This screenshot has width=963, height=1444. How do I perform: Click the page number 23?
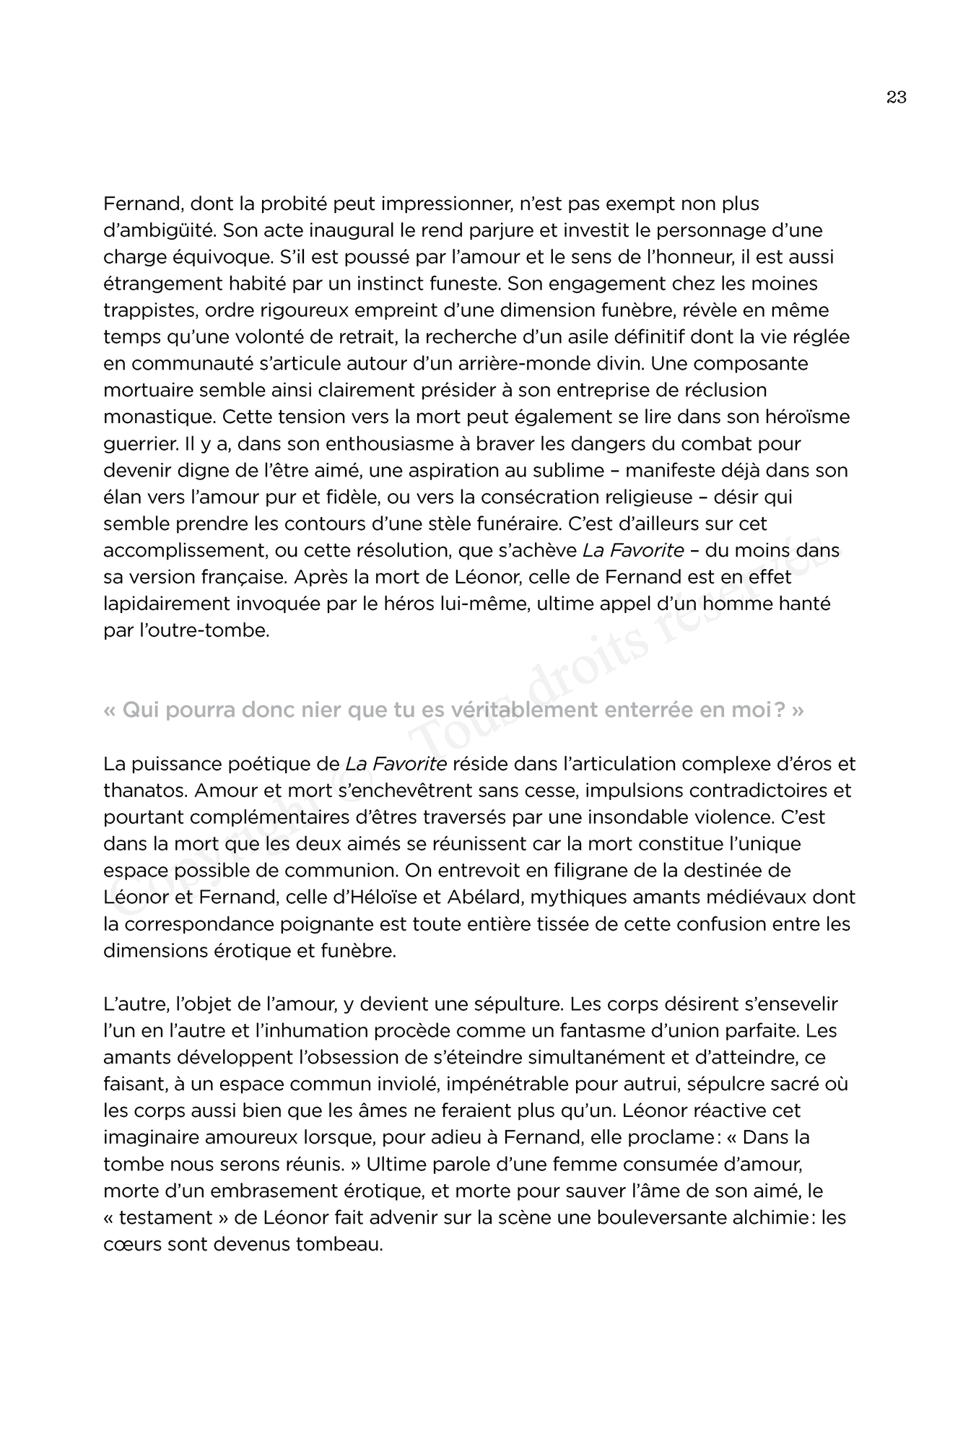pyautogui.click(x=896, y=97)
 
